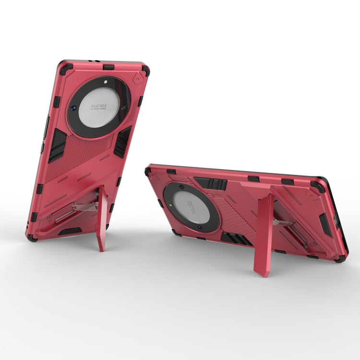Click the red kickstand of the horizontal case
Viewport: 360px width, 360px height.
pos(264,235)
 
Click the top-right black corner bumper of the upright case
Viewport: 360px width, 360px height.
pos(145,70)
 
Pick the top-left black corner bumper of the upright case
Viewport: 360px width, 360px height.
pos(63,65)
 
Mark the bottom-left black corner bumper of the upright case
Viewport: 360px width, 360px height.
pos(32,237)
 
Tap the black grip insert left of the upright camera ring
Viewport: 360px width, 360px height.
pos(56,145)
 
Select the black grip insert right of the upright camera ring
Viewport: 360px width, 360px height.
pos(122,141)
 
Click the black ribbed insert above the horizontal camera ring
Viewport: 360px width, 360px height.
pos(211,183)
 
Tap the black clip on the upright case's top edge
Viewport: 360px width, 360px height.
pos(109,67)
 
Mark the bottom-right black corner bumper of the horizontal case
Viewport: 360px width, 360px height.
pos(340,258)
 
